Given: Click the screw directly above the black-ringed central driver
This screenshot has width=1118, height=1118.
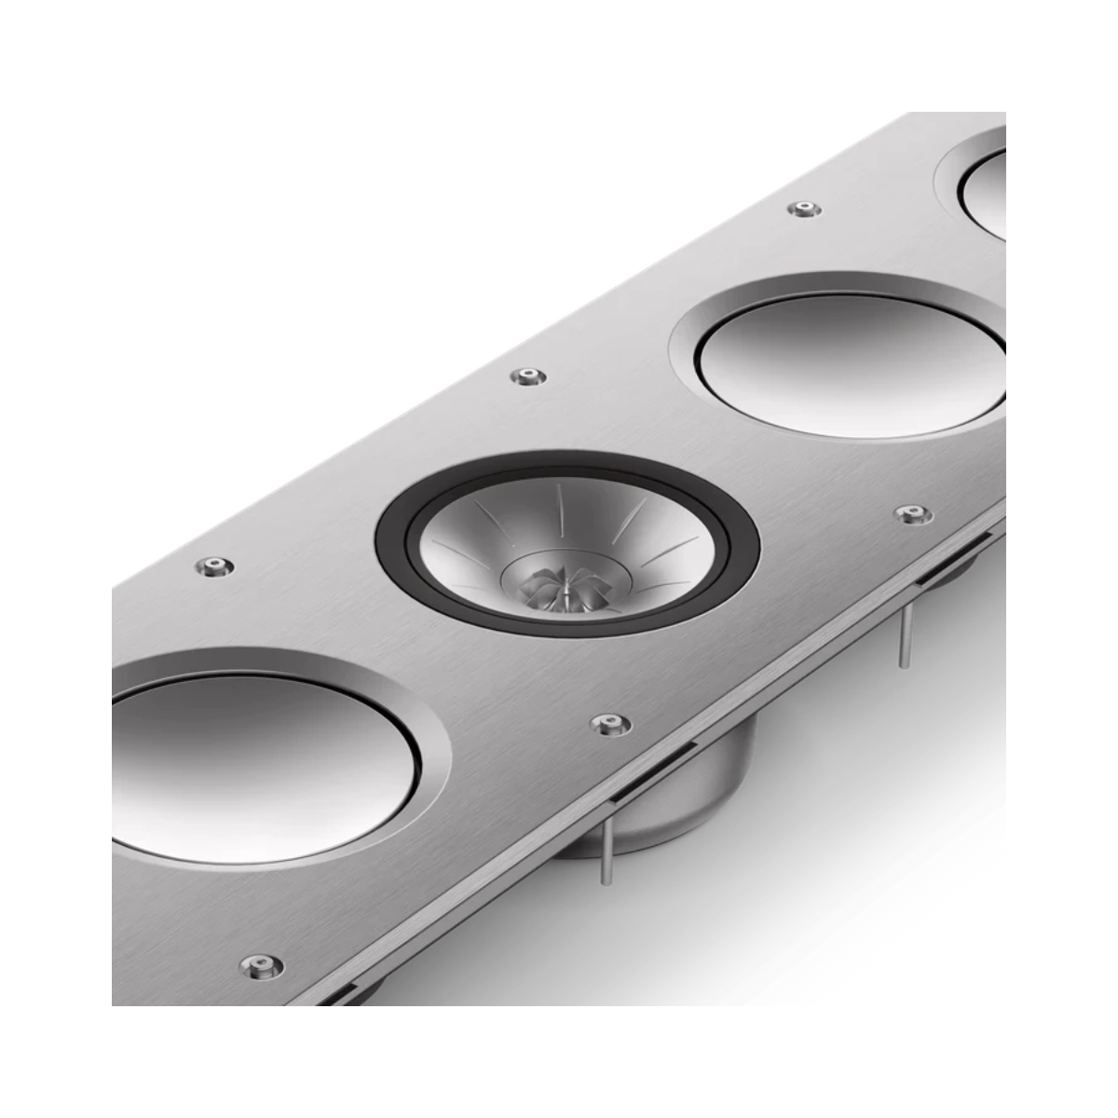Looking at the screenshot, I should pyautogui.click(x=528, y=376).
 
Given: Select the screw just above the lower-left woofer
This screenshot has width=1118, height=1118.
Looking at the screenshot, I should pyautogui.click(x=213, y=566).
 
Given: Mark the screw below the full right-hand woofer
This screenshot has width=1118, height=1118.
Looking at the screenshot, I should pyautogui.click(x=911, y=513).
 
